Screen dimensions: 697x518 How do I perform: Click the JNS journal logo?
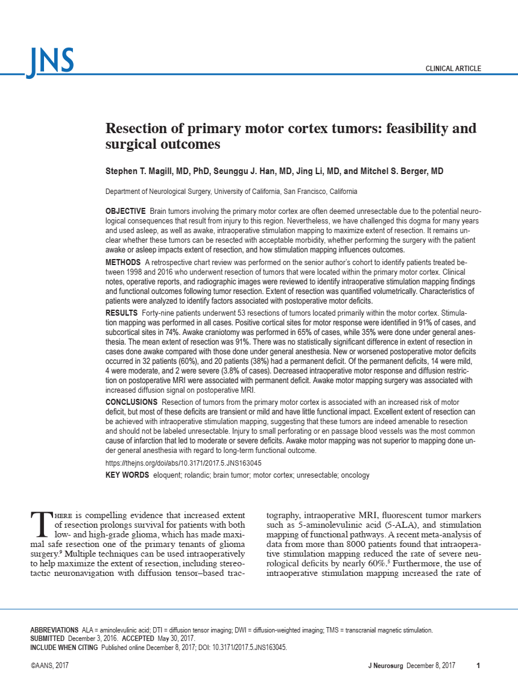(x=50, y=61)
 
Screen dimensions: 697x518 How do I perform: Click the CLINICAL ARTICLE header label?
(x=453, y=69)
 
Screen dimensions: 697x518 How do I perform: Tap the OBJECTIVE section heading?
(x=125, y=211)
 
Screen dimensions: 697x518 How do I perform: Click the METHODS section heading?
(x=123, y=263)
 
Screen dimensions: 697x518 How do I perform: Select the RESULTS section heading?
(x=121, y=314)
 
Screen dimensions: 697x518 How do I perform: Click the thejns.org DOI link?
(x=183, y=464)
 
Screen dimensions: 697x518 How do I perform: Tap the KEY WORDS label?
(x=127, y=475)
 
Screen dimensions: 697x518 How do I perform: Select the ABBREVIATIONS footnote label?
(x=54, y=630)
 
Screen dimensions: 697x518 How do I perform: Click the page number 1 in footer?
(x=478, y=665)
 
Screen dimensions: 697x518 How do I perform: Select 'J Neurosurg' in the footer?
(x=385, y=665)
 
